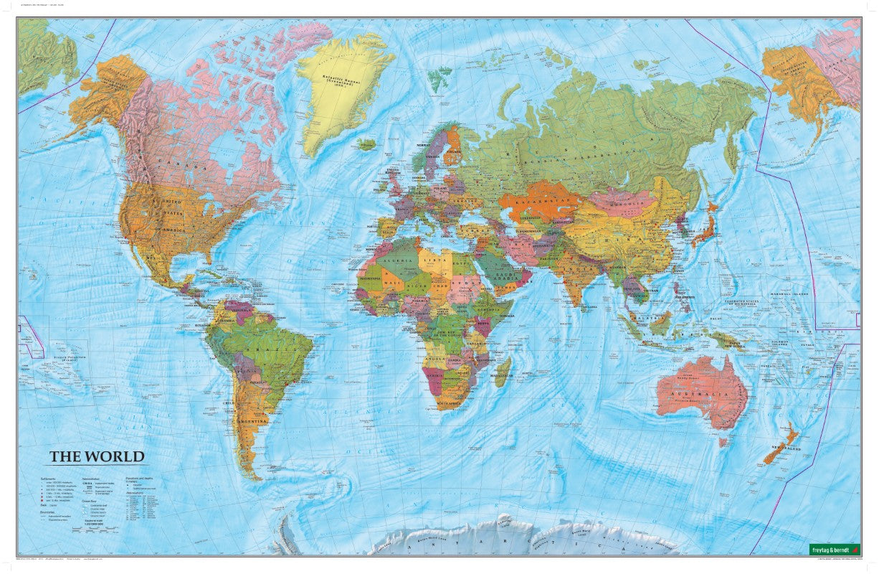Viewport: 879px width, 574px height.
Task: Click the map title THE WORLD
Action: coord(97,456)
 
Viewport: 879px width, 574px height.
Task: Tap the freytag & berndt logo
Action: coord(834,549)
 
